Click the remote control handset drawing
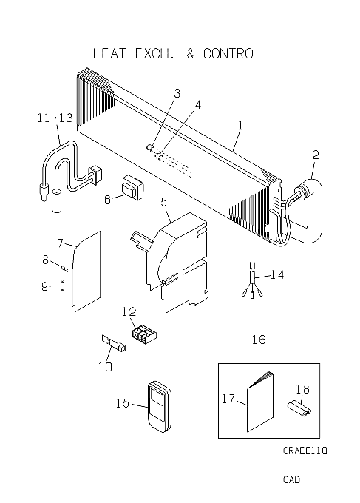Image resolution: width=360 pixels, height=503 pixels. [x=160, y=406]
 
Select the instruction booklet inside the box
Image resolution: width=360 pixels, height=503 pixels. [x=260, y=402]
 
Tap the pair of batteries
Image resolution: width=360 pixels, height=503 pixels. [x=299, y=408]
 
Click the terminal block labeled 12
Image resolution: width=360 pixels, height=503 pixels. [x=144, y=334]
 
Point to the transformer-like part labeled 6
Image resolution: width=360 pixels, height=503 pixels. [x=132, y=187]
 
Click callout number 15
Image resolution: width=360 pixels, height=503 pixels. [x=122, y=403]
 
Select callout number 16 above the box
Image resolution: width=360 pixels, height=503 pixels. [x=259, y=340]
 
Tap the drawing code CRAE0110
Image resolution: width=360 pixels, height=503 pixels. [x=305, y=450]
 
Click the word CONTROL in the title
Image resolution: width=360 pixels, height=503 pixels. [x=231, y=53]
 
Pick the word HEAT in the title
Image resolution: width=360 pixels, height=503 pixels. [x=109, y=53]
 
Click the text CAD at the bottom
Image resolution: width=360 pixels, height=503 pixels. [x=291, y=479]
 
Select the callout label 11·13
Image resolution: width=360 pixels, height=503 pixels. [x=55, y=118]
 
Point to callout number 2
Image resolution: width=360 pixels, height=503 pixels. [x=316, y=155]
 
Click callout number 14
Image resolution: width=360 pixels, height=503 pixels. [x=277, y=274]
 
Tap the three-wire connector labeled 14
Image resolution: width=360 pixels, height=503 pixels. [x=252, y=280]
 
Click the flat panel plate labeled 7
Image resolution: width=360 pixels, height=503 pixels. [x=86, y=271]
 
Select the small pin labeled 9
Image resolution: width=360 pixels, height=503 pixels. [x=63, y=286]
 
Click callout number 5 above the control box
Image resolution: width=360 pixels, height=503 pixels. [x=164, y=202]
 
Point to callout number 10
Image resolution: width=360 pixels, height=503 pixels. [x=105, y=366]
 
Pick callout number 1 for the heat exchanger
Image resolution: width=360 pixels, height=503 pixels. [x=240, y=126]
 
